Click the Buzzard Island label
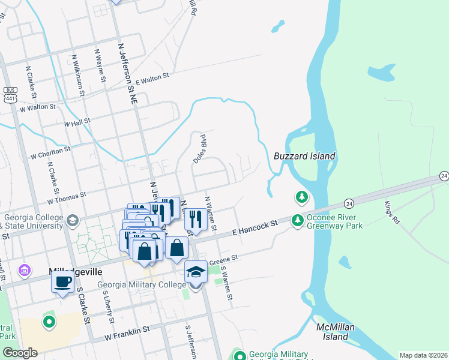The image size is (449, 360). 304,156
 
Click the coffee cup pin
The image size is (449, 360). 63,281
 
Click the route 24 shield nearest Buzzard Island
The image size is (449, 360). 349,204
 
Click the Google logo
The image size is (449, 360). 20,353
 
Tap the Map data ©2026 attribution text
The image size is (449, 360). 423,355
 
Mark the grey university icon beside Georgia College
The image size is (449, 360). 73,221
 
